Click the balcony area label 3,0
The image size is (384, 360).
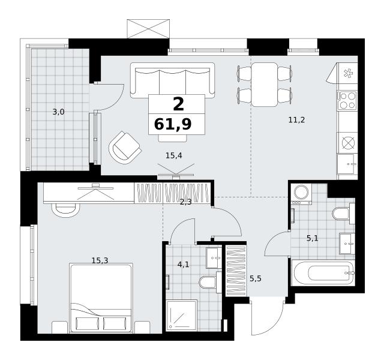[59, 112]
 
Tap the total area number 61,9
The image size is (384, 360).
[173, 124]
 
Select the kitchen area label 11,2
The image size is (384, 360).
[296, 120]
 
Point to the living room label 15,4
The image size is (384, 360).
[174, 155]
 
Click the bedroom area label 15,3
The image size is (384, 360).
[100, 260]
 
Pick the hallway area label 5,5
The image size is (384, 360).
[256, 278]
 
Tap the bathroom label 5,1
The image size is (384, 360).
[313, 238]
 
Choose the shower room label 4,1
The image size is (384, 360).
[184, 264]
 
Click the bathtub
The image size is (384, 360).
[323, 272]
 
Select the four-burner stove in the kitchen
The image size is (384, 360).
[347, 100]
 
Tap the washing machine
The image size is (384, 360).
[301, 194]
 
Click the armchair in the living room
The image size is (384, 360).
[125, 148]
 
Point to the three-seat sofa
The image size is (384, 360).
[172, 80]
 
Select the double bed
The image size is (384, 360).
[101, 298]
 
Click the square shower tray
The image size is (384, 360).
[182, 316]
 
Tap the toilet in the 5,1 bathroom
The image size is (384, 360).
[343, 214]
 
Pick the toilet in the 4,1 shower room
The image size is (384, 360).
[210, 282]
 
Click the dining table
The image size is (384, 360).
[265, 85]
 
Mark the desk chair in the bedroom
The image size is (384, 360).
[65, 210]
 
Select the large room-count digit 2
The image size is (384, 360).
[178, 104]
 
